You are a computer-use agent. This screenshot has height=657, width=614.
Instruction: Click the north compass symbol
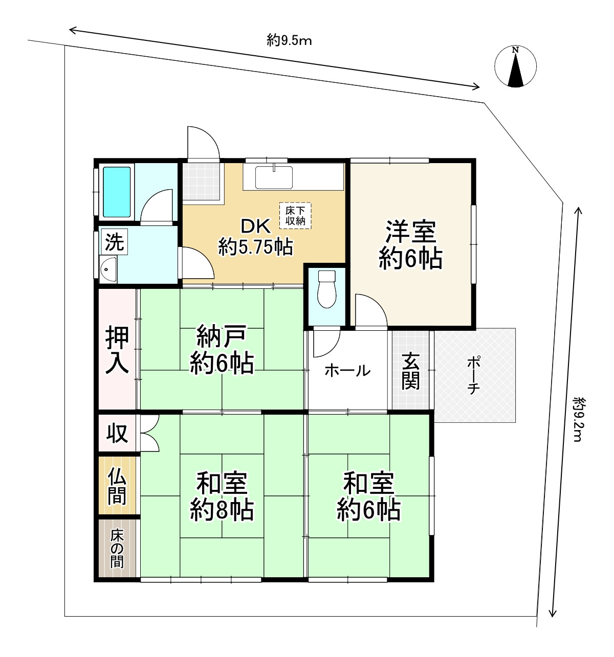pyautogui.click(x=516, y=67)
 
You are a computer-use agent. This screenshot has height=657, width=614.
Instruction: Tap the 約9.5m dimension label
pyautogui.click(x=289, y=40)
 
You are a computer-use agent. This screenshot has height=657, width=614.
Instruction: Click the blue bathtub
pyautogui.click(x=118, y=192)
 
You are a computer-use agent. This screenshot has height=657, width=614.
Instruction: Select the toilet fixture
pyautogui.click(x=325, y=289)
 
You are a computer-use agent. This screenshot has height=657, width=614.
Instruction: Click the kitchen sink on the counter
pyautogui.click(x=275, y=177)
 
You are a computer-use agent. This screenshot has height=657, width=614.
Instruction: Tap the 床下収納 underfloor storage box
pyautogui.click(x=295, y=216)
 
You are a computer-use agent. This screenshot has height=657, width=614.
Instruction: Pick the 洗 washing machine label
pyautogui.click(x=115, y=242)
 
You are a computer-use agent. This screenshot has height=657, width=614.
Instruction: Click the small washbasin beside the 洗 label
pyautogui.click(x=108, y=268)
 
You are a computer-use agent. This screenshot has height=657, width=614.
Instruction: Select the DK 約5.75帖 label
pyautogui.click(x=255, y=237)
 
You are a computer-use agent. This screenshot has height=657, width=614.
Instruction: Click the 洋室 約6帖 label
pyautogui.click(x=410, y=245)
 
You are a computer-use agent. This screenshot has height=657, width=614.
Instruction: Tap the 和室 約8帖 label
pyautogui.click(x=222, y=496)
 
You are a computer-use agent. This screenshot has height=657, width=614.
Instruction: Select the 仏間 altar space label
pyautogui.click(x=117, y=486)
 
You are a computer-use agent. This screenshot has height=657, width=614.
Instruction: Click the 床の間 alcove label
pyautogui.click(x=117, y=549)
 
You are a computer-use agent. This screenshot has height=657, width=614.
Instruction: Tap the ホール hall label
pyautogui.click(x=347, y=370)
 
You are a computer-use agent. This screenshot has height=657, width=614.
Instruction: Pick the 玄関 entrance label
pyautogui.click(x=411, y=372)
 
